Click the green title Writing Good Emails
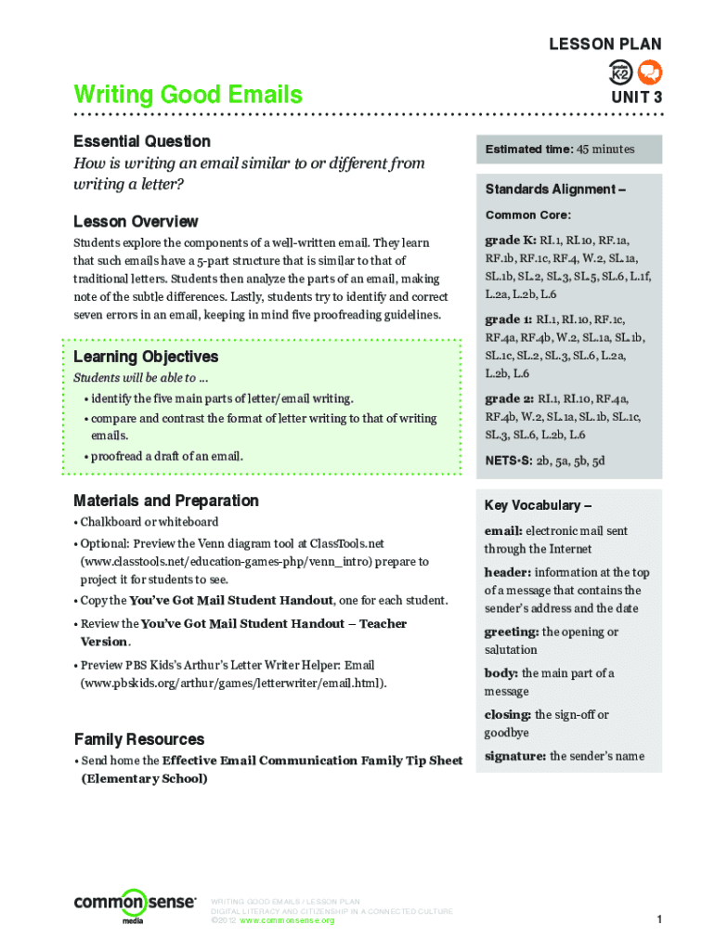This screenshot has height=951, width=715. pyautogui.click(x=188, y=95)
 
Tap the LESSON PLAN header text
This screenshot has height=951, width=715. pyautogui.click(x=604, y=45)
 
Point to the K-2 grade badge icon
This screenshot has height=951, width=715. pyautogui.click(x=621, y=72)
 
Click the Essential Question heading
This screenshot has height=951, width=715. pyautogui.click(x=142, y=141)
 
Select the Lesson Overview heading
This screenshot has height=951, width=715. pyautogui.click(x=136, y=222)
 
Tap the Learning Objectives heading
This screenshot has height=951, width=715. pyautogui.click(x=146, y=357)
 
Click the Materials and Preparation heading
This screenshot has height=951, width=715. pyautogui.click(x=166, y=501)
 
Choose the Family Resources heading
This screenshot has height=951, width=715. pyautogui.click(x=139, y=739)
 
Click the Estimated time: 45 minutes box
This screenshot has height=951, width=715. pyautogui.click(x=568, y=149)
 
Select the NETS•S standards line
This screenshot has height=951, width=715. pyautogui.click(x=545, y=461)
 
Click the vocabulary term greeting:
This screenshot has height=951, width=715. pyautogui.click(x=512, y=632)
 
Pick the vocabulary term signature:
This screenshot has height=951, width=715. pyautogui.click(x=514, y=756)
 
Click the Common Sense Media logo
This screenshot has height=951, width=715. pyautogui.click(x=135, y=904)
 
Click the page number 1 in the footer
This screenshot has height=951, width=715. pyautogui.click(x=657, y=919)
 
